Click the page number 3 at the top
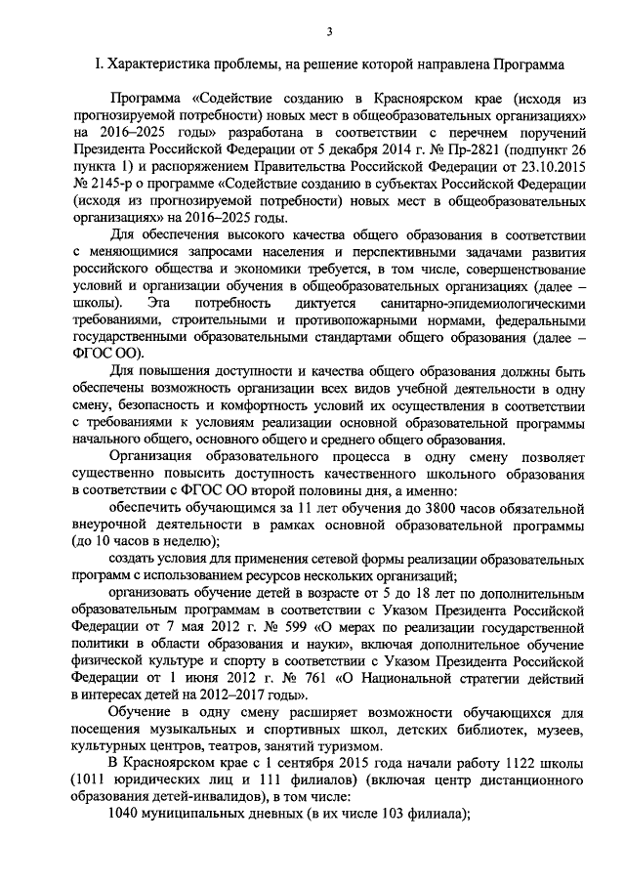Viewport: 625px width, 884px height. coord(329,31)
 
